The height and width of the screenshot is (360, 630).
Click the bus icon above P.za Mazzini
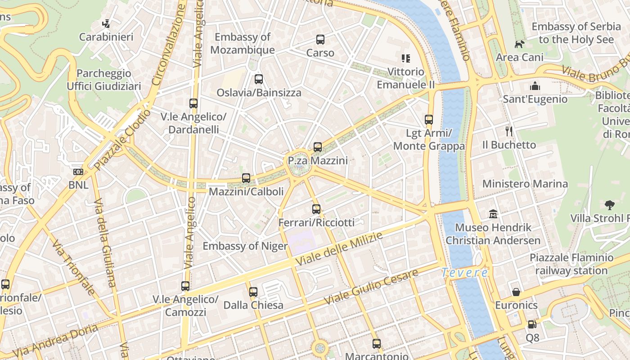pyautogui.click(x=318, y=147)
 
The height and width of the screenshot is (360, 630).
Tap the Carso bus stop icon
pyautogui.click(x=320, y=40)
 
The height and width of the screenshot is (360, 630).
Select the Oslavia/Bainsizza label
pyautogui.click(x=259, y=93)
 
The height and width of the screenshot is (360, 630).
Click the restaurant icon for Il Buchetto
pyautogui.click(x=509, y=131)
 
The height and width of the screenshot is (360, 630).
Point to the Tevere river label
pyautogui.click(x=464, y=273)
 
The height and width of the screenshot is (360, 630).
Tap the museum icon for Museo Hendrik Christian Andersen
pyautogui.click(x=493, y=214)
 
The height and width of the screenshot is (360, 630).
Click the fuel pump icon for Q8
pyautogui.click(x=532, y=324)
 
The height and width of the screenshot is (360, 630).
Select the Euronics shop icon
pyautogui.click(x=516, y=292)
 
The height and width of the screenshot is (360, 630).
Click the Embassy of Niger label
pyautogui.click(x=245, y=246)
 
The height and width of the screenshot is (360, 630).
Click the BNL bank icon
pyautogui.click(x=78, y=172)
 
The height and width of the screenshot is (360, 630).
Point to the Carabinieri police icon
pyautogui.click(x=106, y=23)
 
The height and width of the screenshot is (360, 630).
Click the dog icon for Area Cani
pyautogui.click(x=520, y=44)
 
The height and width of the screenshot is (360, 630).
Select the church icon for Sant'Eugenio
pyautogui.click(x=535, y=85)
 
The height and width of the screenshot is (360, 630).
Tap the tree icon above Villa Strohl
pyautogui.click(x=610, y=205)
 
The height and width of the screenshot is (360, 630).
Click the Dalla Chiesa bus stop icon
pyautogui.click(x=253, y=292)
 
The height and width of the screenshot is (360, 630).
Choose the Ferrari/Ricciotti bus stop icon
pyautogui.click(x=316, y=209)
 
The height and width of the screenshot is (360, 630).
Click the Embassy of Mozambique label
pyautogui.click(x=243, y=43)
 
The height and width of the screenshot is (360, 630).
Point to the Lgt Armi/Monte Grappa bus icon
pyautogui.click(x=429, y=120)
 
